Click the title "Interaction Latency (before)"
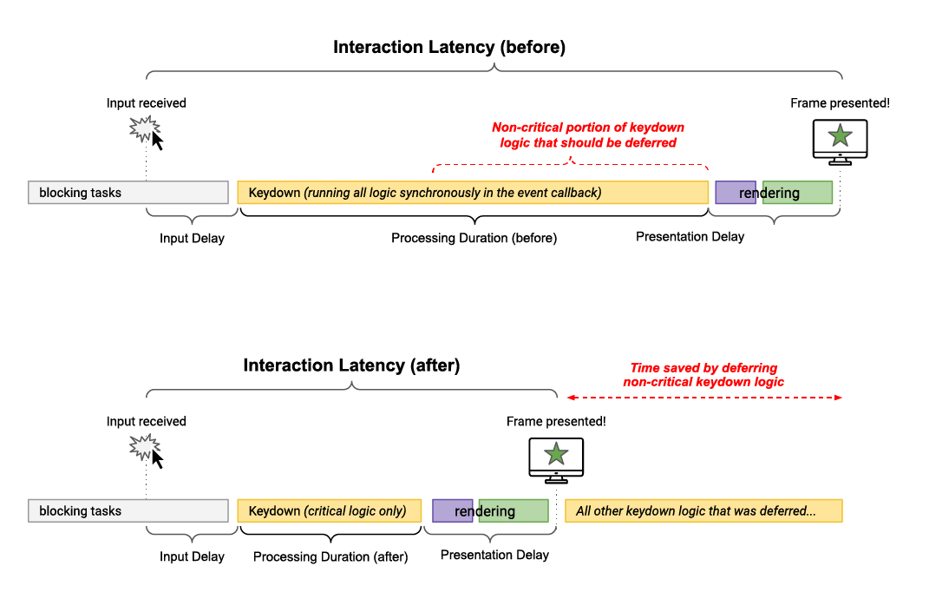[448, 48]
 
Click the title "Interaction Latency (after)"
[351, 365]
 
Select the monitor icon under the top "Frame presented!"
[840, 140]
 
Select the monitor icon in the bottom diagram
[556, 459]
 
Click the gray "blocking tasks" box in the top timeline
[128, 193]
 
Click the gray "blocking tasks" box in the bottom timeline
[128, 511]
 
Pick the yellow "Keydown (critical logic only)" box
[329, 511]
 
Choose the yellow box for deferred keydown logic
[703, 511]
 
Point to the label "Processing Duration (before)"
[474, 238]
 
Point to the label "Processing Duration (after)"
[330, 556]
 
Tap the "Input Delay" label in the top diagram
[192, 238]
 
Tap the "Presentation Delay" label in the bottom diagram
[494, 555]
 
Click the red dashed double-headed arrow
[703, 398]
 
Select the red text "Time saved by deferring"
[703, 368]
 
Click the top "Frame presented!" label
[840, 103]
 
